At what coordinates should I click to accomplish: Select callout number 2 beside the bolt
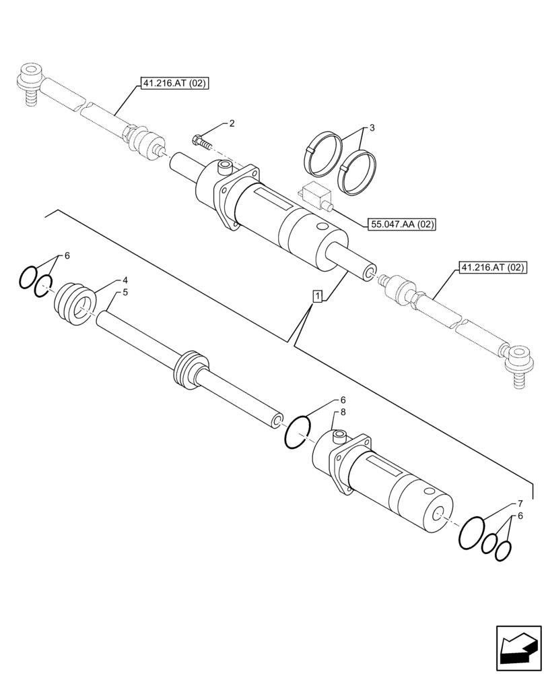point(232,123)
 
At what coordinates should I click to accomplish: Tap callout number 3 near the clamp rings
point(372,127)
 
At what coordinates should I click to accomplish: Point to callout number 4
point(125,280)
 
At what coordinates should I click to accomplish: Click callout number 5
point(125,293)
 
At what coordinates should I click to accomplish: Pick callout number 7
point(520,503)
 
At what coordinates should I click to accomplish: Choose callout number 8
point(343,412)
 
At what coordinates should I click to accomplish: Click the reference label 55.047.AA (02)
point(402,224)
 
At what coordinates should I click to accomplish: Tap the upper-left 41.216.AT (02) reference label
point(174,84)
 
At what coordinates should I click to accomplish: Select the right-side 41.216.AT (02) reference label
point(492,268)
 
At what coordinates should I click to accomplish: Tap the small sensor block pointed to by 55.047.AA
point(316,195)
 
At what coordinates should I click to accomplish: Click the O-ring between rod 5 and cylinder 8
point(297,433)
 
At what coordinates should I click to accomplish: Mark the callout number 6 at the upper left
point(67,256)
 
